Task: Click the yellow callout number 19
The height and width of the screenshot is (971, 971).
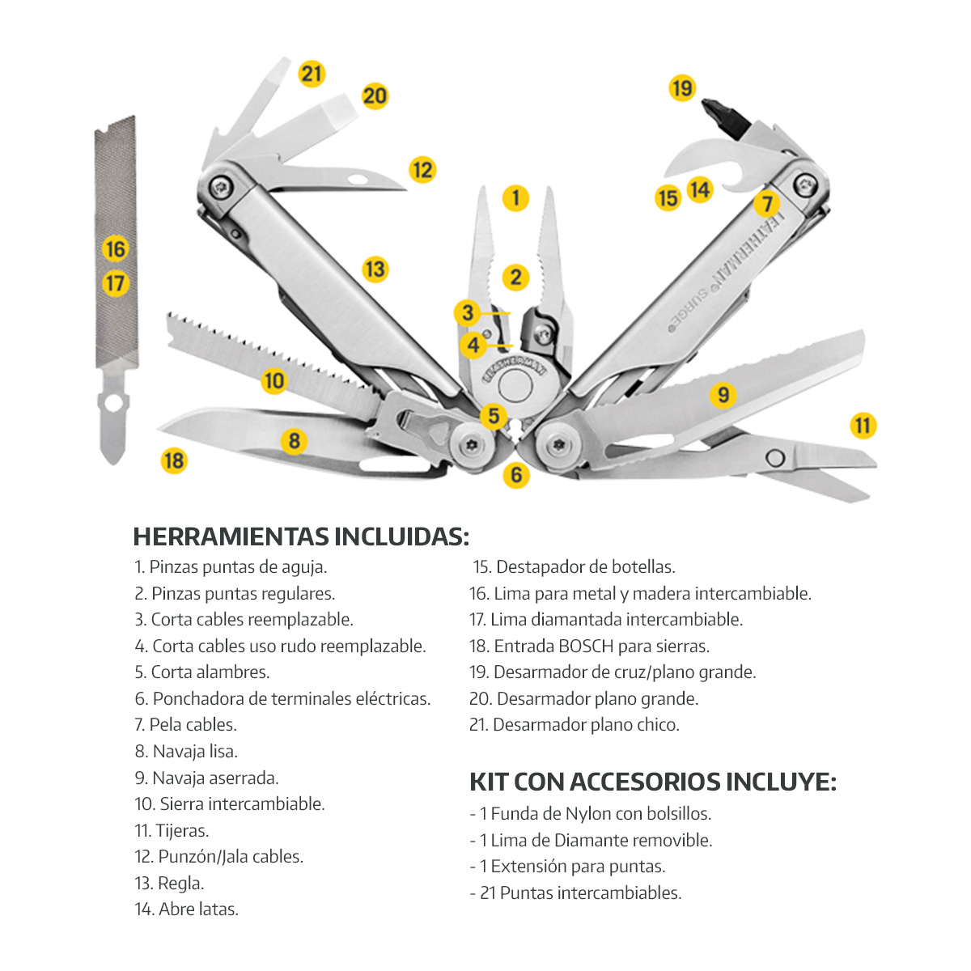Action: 682,87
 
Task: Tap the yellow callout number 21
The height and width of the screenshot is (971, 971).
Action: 312,74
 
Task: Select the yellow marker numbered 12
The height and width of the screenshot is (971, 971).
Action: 422,170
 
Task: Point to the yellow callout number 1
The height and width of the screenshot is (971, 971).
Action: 515,197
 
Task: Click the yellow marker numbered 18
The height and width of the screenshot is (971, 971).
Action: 174,460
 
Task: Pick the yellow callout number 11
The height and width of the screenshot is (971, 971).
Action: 863,426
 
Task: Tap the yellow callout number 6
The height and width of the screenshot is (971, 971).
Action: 516,475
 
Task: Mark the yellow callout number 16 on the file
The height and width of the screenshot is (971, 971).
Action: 116,248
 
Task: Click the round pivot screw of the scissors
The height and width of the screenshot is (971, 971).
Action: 774,458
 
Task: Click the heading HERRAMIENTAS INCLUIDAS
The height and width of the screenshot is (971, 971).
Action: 300,536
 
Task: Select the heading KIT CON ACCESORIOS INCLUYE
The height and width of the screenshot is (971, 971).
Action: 652,782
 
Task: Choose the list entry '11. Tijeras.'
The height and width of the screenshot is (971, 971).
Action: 172,831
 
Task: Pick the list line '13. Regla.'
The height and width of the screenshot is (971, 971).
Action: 169,884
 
